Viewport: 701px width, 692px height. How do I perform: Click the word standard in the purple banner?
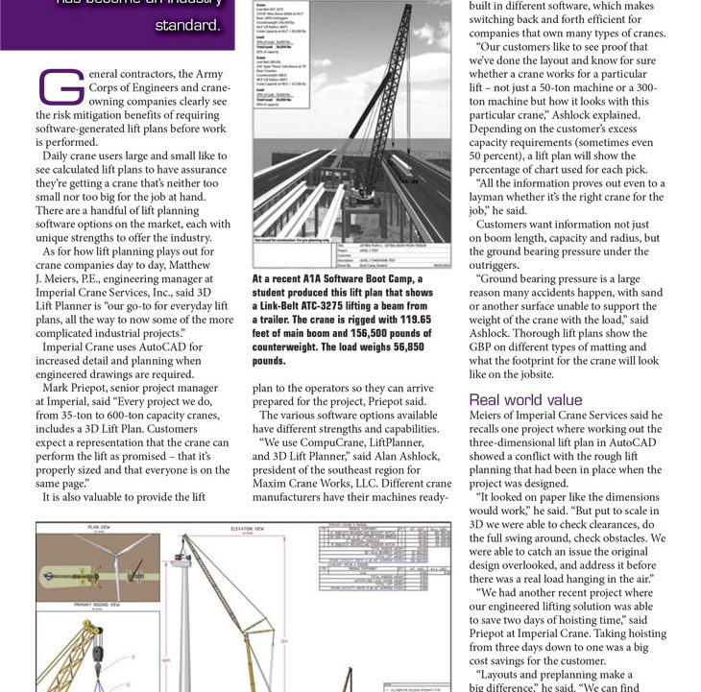[x=188, y=24]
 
